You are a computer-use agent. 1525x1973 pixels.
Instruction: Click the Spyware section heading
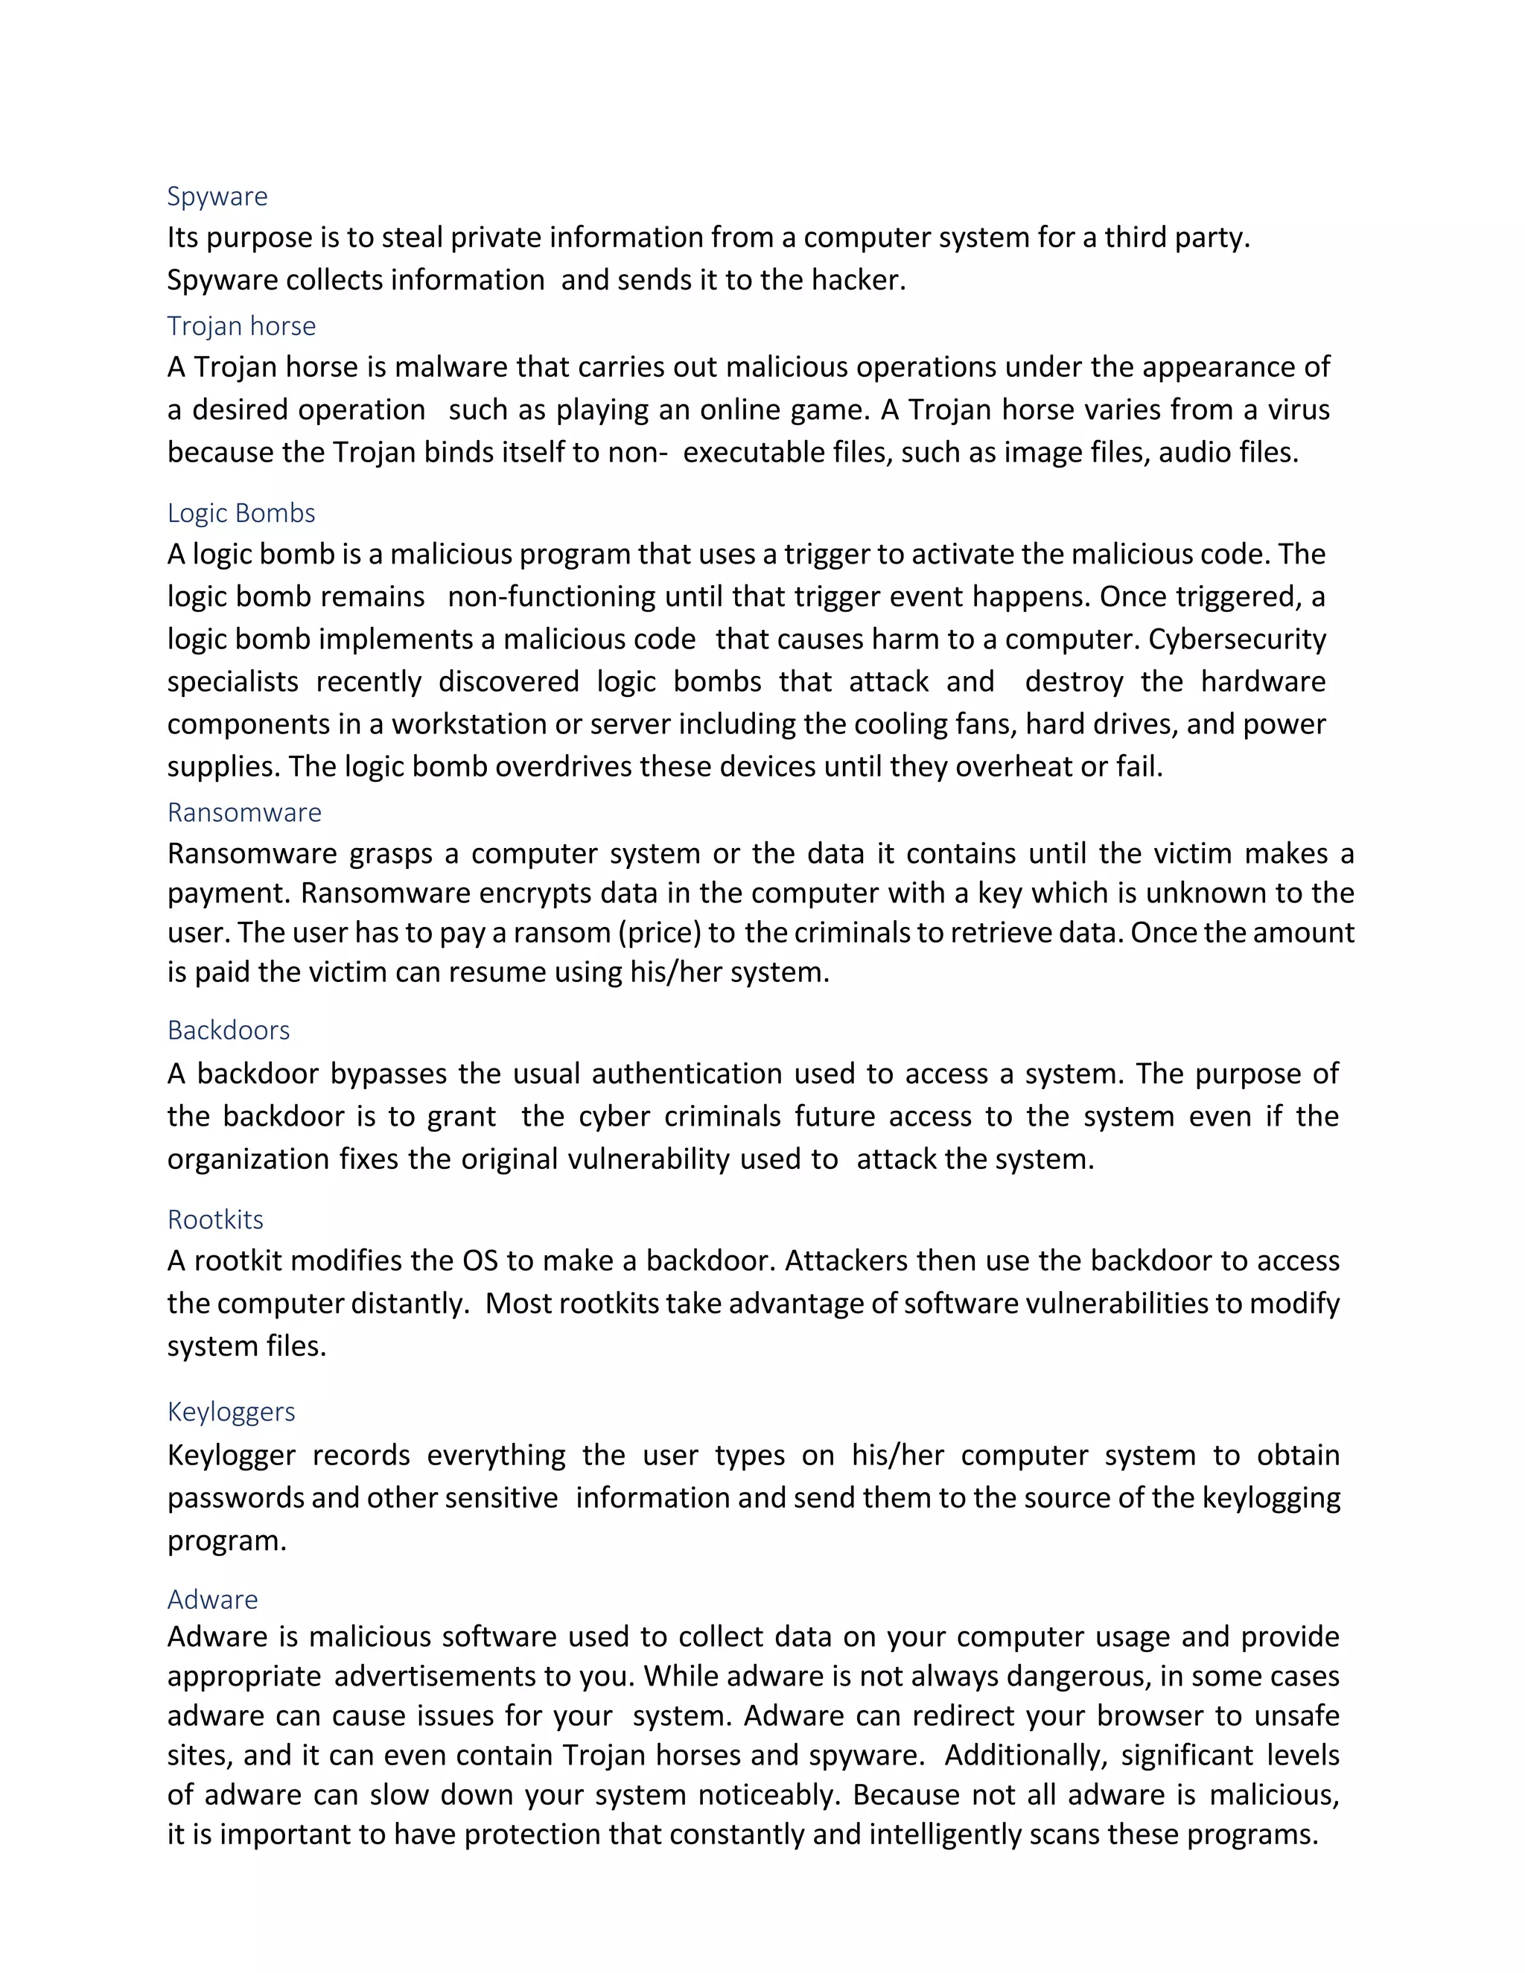point(217,196)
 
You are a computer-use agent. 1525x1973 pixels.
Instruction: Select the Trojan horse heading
point(241,325)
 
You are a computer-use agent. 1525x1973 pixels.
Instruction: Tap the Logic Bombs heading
point(241,512)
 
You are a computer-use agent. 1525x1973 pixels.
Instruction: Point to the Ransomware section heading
point(244,812)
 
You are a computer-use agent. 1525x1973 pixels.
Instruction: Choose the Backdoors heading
point(229,1030)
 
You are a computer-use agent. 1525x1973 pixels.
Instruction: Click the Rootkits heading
point(215,1219)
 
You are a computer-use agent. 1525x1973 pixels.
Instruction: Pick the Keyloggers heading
point(232,1411)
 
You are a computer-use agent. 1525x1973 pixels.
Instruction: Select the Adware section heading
point(212,1599)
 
